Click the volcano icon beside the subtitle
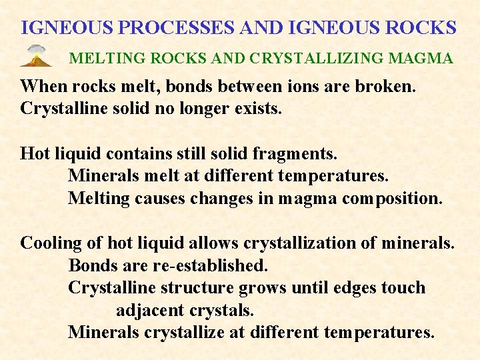point(37,56)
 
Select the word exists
point(259,109)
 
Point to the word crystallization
point(299,243)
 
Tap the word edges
point(356,288)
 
